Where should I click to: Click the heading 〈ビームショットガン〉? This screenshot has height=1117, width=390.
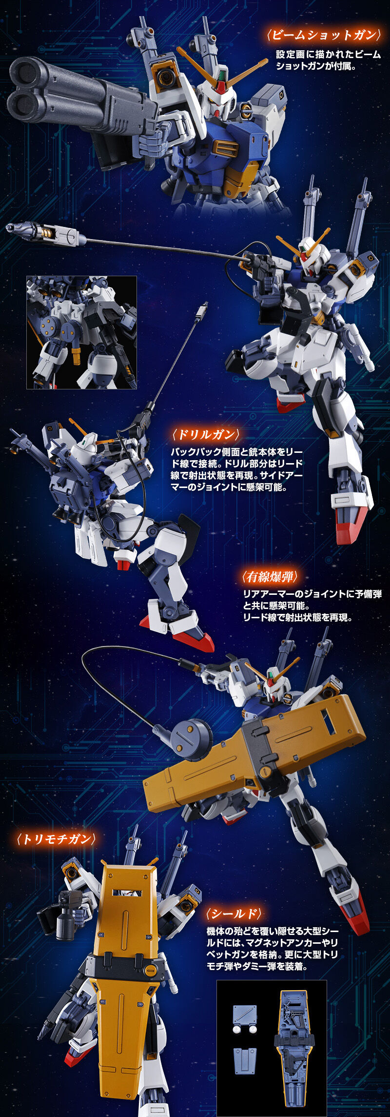tap(323, 35)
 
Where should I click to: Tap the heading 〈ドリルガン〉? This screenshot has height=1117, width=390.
tap(206, 434)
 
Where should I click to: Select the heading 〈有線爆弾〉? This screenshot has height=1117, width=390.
tap(270, 577)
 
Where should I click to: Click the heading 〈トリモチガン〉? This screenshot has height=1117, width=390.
tap(56, 839)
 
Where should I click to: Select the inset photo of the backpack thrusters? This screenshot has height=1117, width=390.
tap(81, 332)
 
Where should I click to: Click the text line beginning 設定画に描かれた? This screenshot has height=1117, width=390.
tap(328, 55)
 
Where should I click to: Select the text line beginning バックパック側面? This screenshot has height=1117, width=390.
tap(236, 452)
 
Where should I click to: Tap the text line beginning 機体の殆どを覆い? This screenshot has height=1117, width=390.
tap(272, 932)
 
